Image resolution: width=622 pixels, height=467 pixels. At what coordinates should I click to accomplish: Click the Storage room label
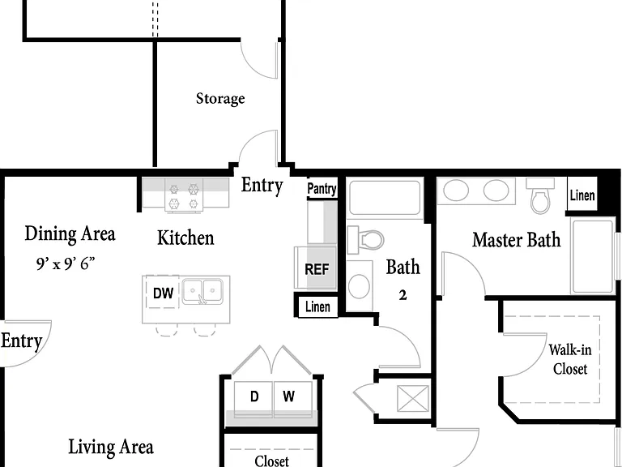(220, 99)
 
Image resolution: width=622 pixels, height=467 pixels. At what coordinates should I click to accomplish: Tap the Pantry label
(322, 189)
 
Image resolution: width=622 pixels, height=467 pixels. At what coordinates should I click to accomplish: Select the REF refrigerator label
(317, 269)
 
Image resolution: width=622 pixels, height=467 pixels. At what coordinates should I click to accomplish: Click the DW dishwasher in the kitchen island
(163, 293)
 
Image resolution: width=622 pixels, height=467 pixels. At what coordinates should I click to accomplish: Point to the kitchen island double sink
(202, 292)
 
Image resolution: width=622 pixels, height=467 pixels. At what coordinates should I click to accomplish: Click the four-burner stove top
(183, 195)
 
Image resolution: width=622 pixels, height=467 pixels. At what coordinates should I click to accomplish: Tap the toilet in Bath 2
(365, 240)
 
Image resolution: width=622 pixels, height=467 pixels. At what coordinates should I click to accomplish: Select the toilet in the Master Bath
(540, 195)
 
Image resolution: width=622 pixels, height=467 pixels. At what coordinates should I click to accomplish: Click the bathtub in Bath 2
(385, 198)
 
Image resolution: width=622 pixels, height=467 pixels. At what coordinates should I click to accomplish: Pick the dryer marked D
(253, 398)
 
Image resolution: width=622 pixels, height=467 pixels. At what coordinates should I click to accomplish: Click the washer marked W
(292, 398)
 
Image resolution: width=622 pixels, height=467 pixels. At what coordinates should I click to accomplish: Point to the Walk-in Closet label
(570, 359)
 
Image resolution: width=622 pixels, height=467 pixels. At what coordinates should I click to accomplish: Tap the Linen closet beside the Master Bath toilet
(582, 195)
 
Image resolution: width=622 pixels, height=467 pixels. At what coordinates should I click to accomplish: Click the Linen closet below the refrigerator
(317, 306)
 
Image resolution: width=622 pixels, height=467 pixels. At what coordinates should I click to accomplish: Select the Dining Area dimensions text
(66, 263)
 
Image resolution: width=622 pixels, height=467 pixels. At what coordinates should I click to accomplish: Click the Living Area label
(111, 447)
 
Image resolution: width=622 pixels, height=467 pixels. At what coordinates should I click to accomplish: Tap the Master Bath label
(517, 240)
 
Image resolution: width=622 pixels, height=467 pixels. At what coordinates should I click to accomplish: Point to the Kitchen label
(185, 238)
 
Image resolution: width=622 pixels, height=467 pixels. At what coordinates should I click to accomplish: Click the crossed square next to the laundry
(413, 399)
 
